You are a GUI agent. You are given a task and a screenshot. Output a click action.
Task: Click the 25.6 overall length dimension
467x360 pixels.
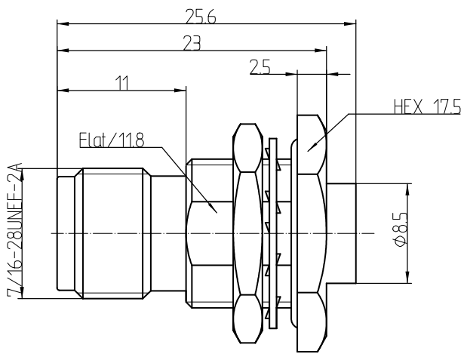tap(201, 14)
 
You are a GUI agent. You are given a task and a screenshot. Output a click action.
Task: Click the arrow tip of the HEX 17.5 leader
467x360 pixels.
tap(308, 149)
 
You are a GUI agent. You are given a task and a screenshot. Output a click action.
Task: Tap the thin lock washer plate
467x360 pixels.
tap(272, 233)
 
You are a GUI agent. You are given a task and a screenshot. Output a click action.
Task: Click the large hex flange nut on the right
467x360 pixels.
tap(309, 233)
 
